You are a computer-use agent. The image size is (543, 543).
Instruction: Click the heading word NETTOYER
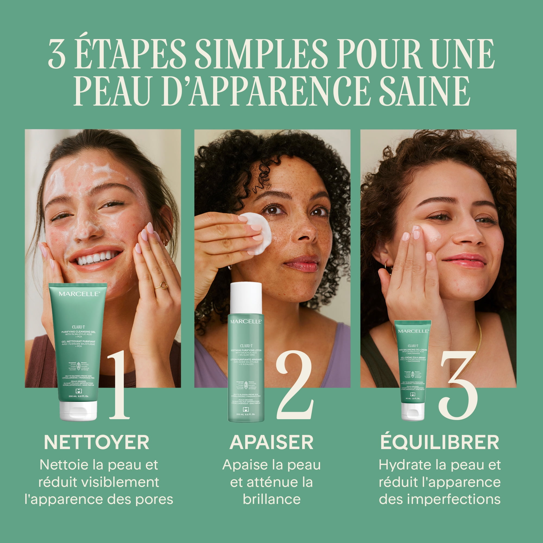96,443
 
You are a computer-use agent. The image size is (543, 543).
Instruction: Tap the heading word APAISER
271,443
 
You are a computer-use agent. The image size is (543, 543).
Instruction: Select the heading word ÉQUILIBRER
440,443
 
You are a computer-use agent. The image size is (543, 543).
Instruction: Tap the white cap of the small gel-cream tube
413,412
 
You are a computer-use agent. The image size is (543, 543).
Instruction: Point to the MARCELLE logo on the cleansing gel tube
79,294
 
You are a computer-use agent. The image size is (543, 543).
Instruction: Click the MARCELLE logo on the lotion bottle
246,321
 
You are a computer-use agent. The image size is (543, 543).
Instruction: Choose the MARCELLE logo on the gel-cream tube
413,331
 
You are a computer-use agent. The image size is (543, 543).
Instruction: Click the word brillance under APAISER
271,500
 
